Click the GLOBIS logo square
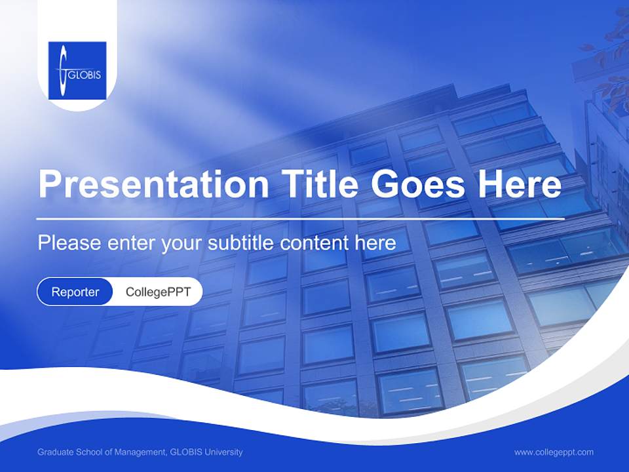pos(77,70)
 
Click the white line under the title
pos(301,218)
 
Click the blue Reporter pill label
pos(75,292)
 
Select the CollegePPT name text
pos(158,292)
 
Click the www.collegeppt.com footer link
pos(554,452)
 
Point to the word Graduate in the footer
pos(55,452)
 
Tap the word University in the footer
pos(223,452)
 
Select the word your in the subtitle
pos(182,243)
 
